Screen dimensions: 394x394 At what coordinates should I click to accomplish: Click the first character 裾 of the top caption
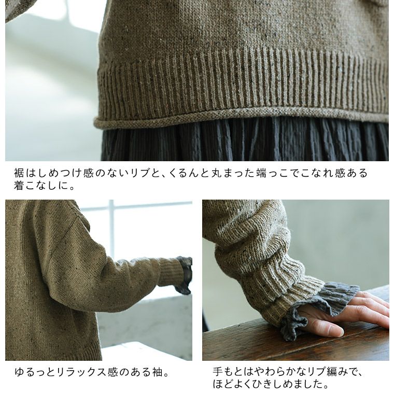coord(19,173)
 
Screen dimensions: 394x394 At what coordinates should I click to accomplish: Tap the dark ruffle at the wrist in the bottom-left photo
coord(185,275)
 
